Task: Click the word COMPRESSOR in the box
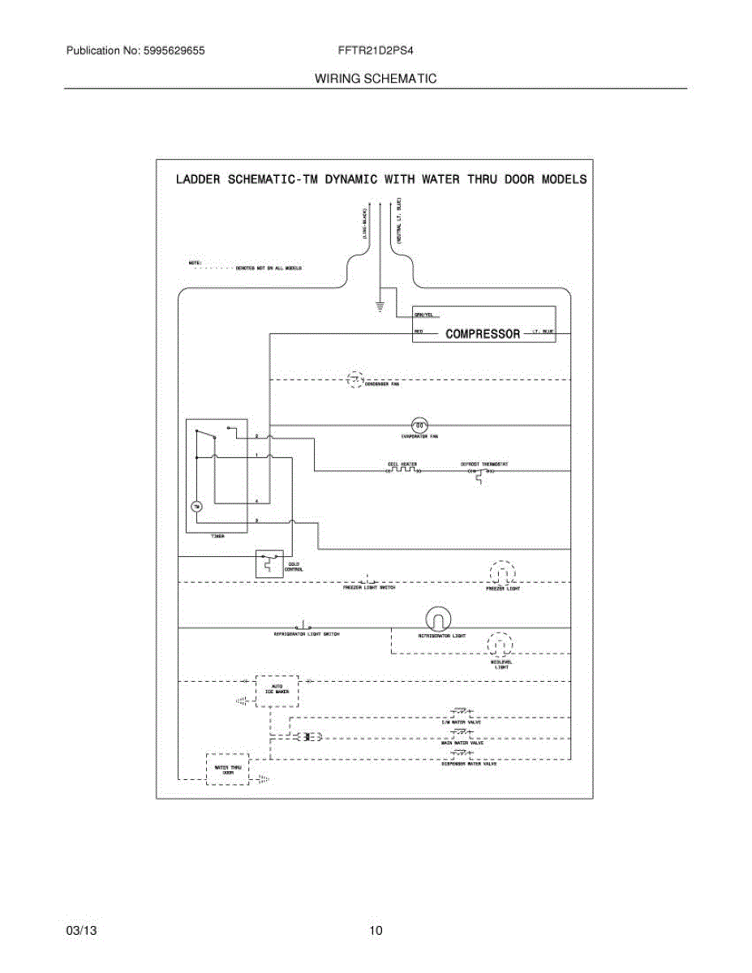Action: point(483,333)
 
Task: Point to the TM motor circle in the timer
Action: point(196,507)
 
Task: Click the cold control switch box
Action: point(269,564)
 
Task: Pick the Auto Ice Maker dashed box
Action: point(277,691)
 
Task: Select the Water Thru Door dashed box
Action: point(227,768)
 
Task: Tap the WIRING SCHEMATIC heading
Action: point(376,79)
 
